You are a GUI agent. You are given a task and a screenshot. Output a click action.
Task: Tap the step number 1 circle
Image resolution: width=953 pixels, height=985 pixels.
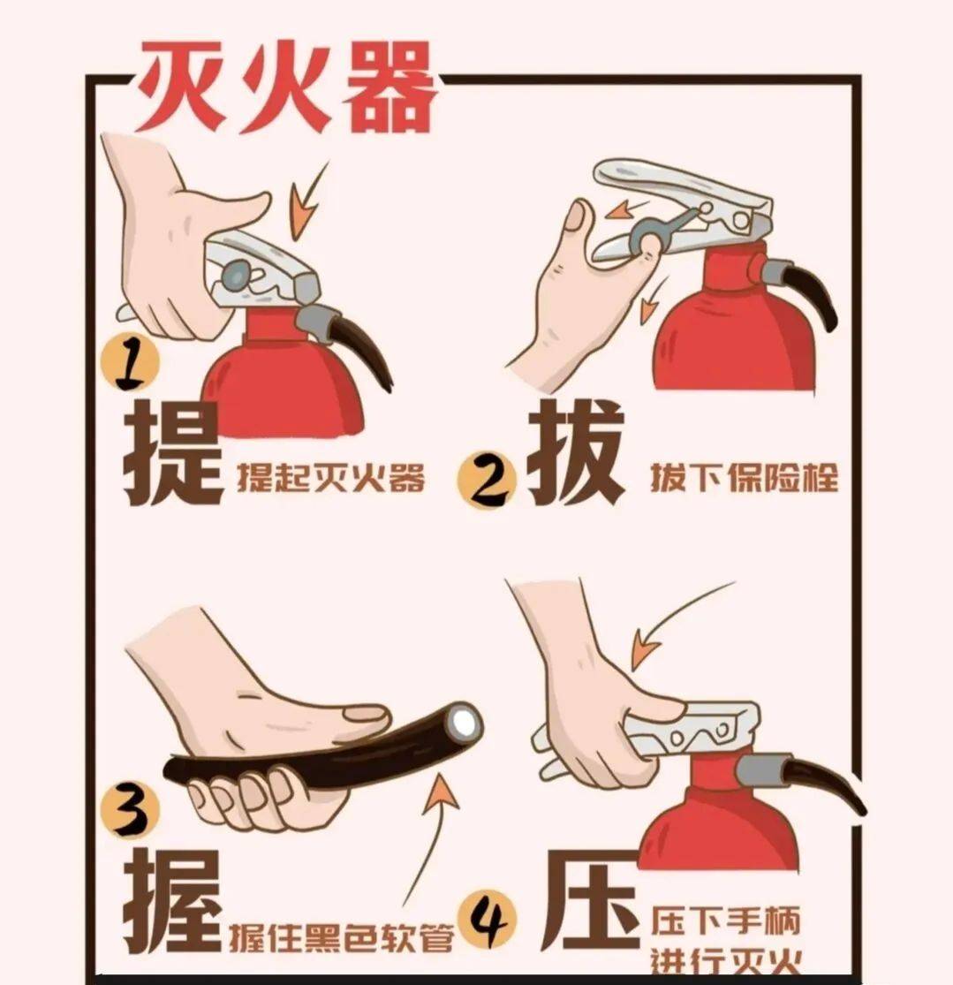click(x=133, y=364)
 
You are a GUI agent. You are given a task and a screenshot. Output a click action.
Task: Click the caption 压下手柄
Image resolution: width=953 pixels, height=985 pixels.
click(x=726, y=921)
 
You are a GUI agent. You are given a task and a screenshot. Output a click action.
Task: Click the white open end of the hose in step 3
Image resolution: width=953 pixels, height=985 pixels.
click(x=463, y=724)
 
